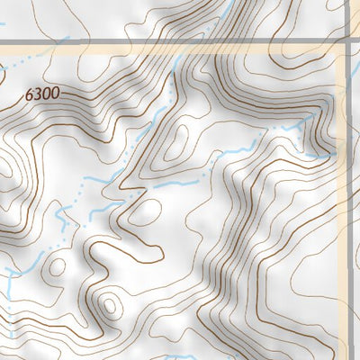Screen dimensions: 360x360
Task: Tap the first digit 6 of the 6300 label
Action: coord(30,93)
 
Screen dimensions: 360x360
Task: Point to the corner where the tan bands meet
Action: coord(340,53)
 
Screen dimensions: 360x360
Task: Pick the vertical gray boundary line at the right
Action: coord(346,18)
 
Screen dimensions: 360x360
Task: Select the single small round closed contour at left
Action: coord(56,267)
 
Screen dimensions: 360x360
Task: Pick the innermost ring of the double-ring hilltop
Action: coord(110,306)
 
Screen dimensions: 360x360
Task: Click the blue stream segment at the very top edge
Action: coord(241,5)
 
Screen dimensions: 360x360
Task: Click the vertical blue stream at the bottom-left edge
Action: coord(7,288)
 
